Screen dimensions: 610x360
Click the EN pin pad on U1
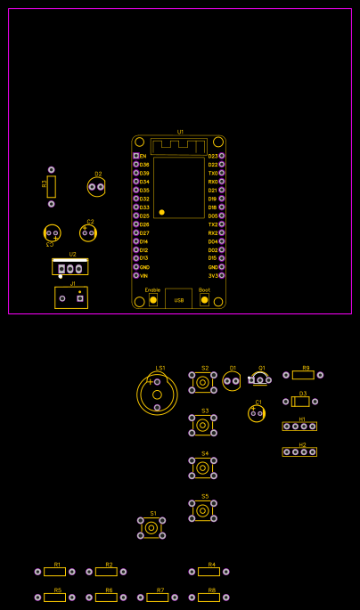pyautogui.click(x=136, y=156)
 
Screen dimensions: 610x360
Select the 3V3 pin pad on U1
pyautogui.click(x=222, y=275)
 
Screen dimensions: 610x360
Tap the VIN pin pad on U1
pyautogui.click(x=136, y=275)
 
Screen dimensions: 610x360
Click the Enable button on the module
pyautogui.click(x=153, y=300)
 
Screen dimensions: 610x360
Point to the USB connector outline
pyautogui.click(x=178, y=298)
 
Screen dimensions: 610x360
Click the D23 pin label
pyautogui.click(x=212, y=156)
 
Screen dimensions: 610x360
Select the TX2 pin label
pyautogui.click(x=212, y=224)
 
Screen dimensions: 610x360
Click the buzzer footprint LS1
pyautogui.click(x=157, y=394)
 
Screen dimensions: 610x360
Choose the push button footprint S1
pyautogui.click(x=151, y=528)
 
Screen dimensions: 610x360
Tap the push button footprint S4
pyautogui.click(x=202, y=468)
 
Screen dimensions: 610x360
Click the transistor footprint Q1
pyautogui.click(x=259, y=379)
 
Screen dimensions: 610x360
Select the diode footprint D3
pyautogui.click(x=300, y=402)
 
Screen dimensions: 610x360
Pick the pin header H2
pyautogui.click(x=299, y=451)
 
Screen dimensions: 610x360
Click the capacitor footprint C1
pyautogui.click(x=257, y=413)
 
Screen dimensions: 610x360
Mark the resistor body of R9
pyautogui.click(x=303, y=375)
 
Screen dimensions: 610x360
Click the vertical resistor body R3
pyautogui.click(x=52, y=187)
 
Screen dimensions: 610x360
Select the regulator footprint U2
pyautogui.click(x=70, y=267)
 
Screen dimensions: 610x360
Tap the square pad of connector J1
pyautogui.click(x=79, y=298)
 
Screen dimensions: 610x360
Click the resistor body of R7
pyautogui.click(x=158, y=598)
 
